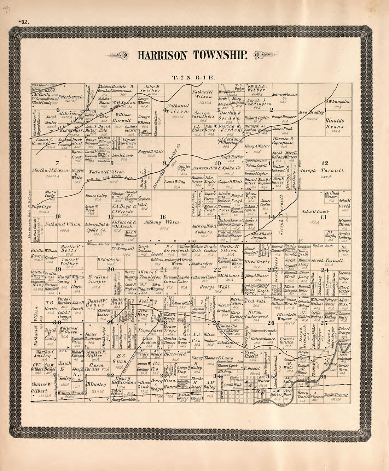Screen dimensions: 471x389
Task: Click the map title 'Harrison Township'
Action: point(193,55)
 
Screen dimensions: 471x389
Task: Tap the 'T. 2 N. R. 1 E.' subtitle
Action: point(191,77)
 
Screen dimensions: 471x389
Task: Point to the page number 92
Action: point(24,22)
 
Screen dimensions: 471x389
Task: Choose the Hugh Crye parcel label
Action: point(41,207)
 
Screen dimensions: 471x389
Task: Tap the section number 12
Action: point(324,163)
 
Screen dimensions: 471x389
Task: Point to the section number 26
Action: point(271,323)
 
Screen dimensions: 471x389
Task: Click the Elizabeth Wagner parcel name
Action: point(286,316)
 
